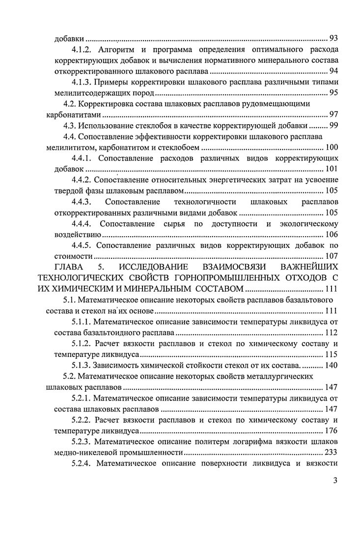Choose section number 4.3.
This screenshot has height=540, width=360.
tap(71, 126)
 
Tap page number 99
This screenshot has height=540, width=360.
tap(333, 126)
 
